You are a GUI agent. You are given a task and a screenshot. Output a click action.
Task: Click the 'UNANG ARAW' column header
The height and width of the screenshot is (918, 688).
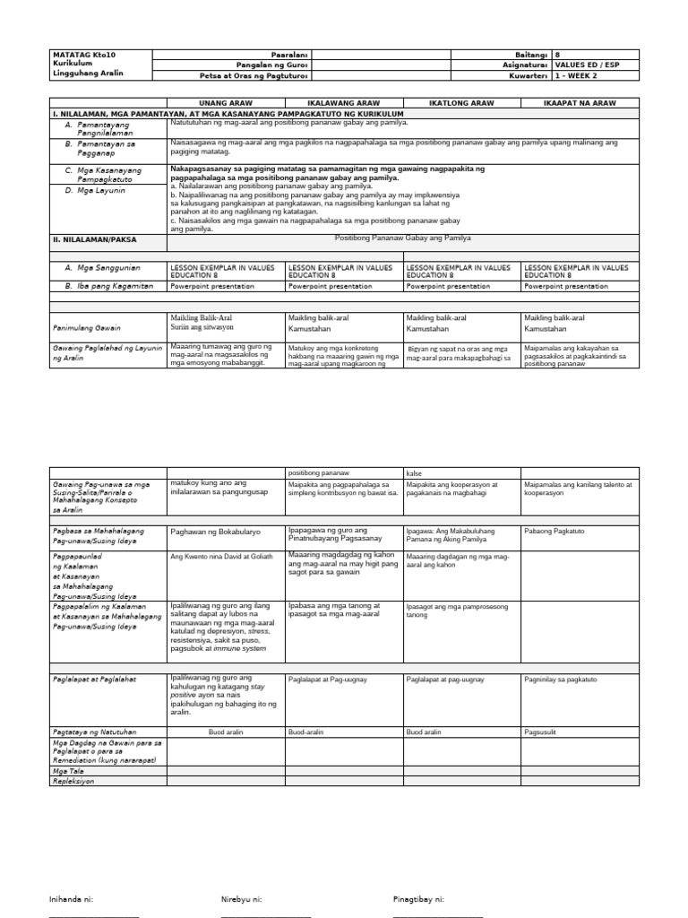226,103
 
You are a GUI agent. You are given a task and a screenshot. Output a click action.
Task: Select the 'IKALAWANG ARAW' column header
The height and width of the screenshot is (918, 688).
344,103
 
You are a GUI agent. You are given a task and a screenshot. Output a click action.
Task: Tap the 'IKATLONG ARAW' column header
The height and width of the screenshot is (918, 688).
462,103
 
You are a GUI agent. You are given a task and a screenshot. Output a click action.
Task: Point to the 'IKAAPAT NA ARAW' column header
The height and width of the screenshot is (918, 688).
580,103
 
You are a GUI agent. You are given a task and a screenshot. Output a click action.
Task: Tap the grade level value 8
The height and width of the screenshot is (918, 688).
559,54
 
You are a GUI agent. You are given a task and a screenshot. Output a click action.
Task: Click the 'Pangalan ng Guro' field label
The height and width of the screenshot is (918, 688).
279,65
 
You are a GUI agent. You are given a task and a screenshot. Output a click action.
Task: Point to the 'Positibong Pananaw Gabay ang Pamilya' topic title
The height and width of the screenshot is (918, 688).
402,238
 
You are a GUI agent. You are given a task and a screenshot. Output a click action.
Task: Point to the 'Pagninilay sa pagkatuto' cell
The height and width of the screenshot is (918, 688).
561,680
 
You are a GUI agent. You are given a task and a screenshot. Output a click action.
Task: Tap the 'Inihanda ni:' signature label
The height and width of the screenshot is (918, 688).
71,897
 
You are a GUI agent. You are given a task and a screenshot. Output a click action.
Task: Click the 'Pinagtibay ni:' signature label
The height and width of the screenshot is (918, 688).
418,897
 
